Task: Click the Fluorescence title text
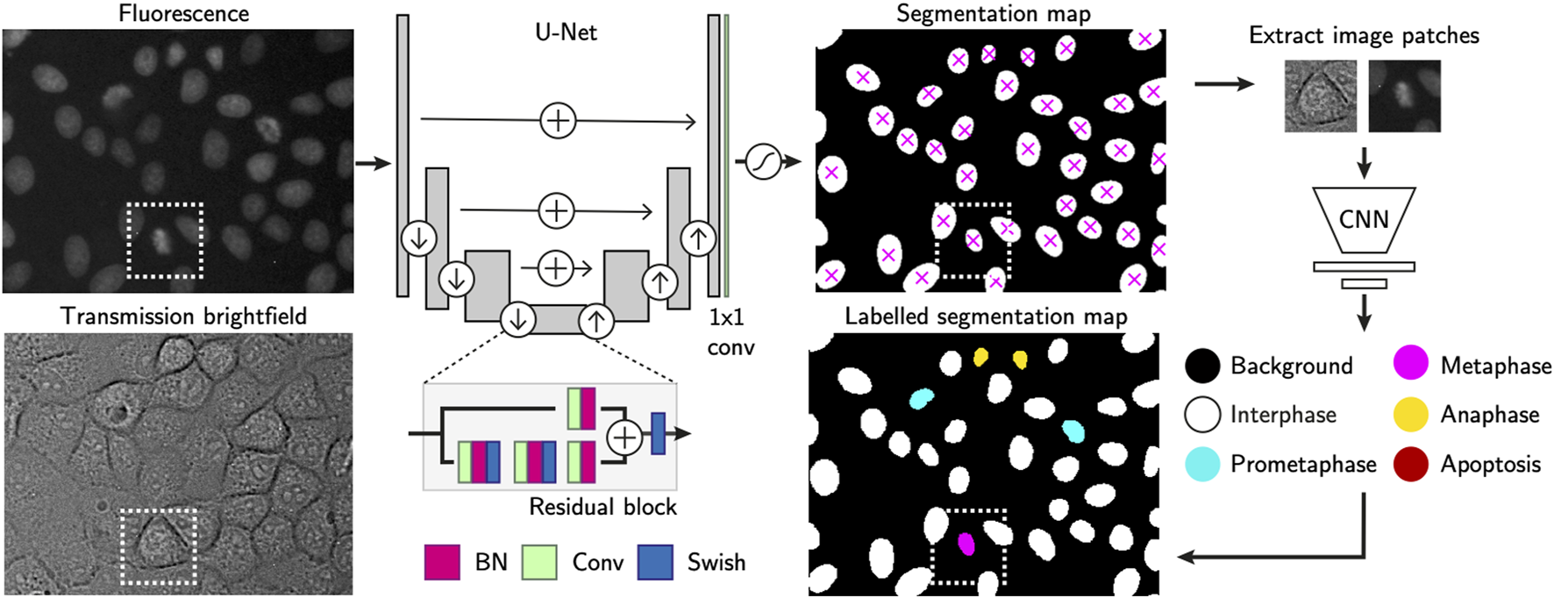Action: click(183, 13)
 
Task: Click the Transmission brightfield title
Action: click(183, 316)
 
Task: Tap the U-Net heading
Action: click(566, 32)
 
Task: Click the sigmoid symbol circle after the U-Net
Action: click(763, 162)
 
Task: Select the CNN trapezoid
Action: click(1364, 219)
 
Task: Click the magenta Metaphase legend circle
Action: click(1410, 364)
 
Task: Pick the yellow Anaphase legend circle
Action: click(1410, 414)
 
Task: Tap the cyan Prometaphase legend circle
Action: click(1202, 464)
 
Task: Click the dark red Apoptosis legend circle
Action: click(1410, 464)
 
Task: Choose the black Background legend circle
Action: click(1202, 365)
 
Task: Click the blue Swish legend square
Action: click(655, 562)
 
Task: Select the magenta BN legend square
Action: click(442, 562)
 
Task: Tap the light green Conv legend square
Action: click(539, 562)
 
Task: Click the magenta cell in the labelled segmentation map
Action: click(966, 545)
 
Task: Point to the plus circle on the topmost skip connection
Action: click(558, 120)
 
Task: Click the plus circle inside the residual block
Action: click(624, 436)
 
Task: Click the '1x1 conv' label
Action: click(731, 332)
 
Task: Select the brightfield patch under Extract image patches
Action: click(1320, 96)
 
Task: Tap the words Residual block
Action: click(602, 507)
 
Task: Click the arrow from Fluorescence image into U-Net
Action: click(373, 163)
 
